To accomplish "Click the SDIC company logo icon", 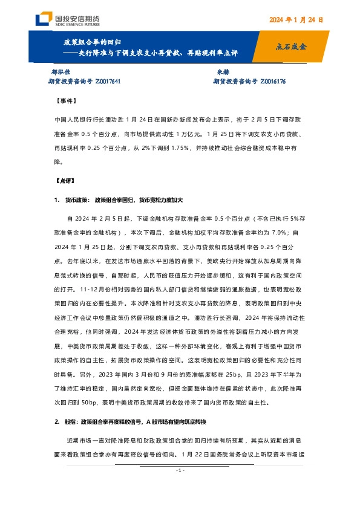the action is pos(44,20).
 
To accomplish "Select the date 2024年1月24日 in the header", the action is pos(296,19).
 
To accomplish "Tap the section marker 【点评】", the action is pos(64,180).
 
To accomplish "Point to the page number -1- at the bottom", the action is pos(179,487).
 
